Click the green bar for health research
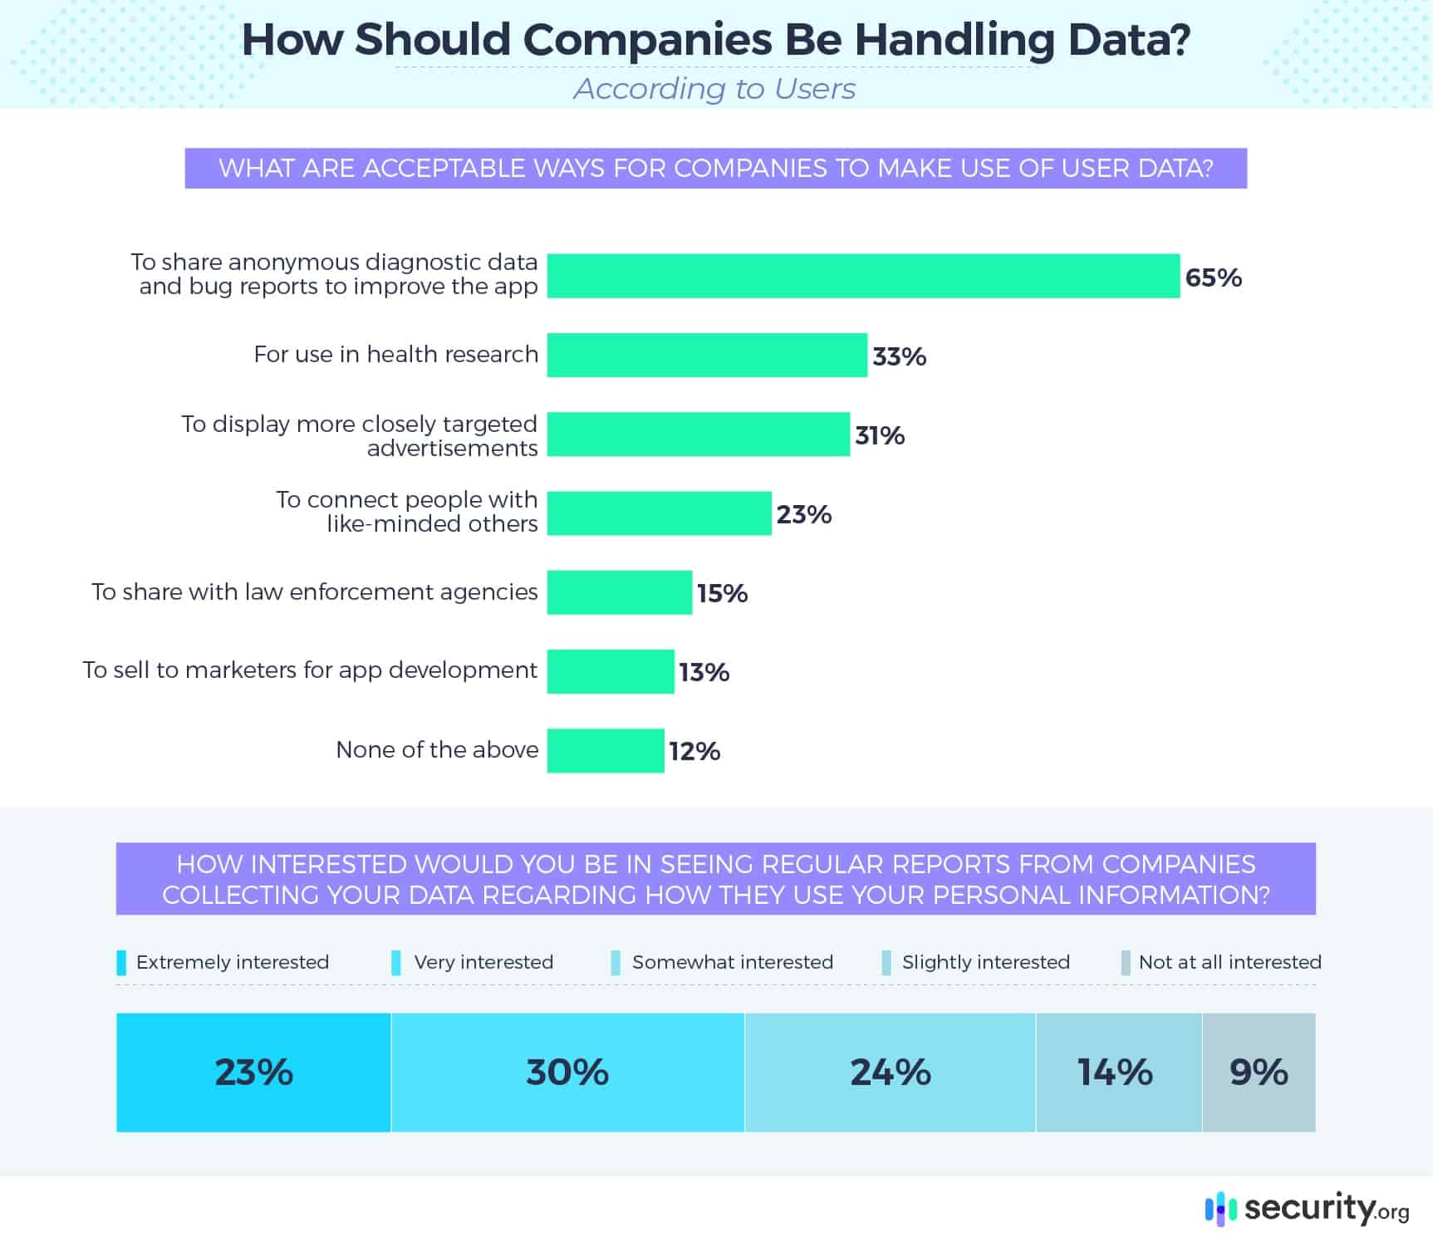click(707, 355)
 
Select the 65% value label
click(1213, 277)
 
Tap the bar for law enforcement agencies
click(619, 592)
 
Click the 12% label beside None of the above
click(694, 751)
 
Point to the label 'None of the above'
click(437, 749)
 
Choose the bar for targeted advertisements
click(698, 434)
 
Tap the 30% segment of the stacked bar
click(567, 1072)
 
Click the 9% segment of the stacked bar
click(1259, 1072)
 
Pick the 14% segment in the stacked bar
click(1118, 1072)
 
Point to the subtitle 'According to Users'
click(714, 88)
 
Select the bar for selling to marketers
click(611, 671)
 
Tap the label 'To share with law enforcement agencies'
click(314, 592)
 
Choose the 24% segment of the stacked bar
click(890, 1072)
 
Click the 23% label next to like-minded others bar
click(803, 514)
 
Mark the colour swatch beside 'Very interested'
click(396, 963)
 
